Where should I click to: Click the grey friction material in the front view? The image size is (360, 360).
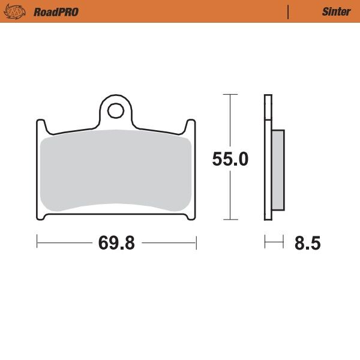click(x=115, y=171)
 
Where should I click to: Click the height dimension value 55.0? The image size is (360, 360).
click(x=230, y=160)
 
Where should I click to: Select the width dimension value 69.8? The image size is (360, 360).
click(x=116, y=243)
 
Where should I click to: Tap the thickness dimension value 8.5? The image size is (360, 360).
click(x=307, y=244)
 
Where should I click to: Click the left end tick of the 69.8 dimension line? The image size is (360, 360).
click(x=37, y=242)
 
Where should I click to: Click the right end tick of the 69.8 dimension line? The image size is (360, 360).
click(x=196, y=242)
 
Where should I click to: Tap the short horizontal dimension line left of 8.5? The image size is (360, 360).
click(x=274, y=242)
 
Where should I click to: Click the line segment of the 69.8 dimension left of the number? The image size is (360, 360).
click(x=65, y=242)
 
